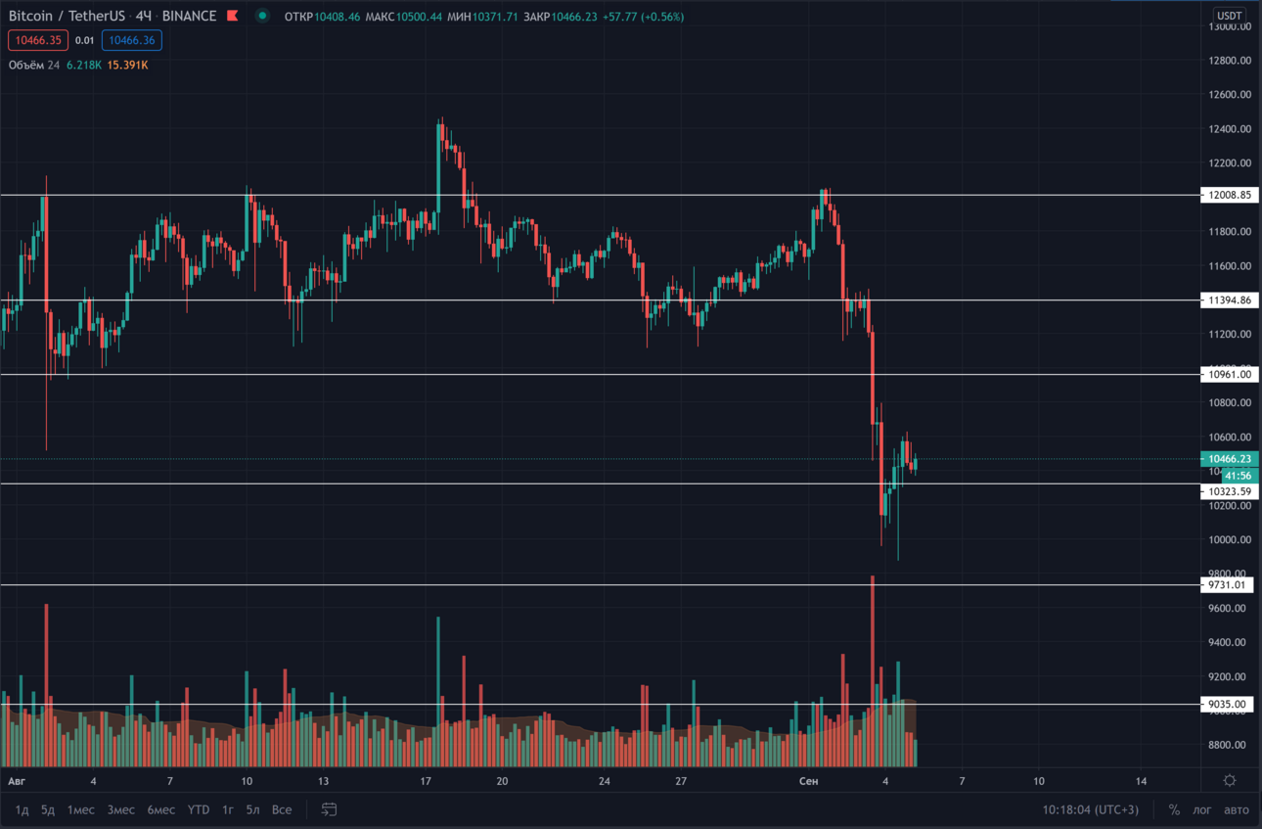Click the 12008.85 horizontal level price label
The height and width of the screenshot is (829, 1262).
point(1229,195)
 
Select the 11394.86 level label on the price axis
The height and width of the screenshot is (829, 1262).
point(1229,299)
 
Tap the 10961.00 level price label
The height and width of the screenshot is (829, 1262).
point(1229,374)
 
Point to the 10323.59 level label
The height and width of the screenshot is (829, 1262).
point(1229,491)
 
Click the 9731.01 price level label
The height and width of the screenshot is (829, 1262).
point(1227,585)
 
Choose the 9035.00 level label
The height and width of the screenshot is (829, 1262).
point(1227,704)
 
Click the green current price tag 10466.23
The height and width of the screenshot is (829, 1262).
point(1229,459)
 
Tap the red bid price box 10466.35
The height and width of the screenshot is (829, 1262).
point(38,40)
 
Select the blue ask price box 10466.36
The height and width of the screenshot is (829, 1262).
point(132,40)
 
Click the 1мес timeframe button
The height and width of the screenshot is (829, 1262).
point(81,809)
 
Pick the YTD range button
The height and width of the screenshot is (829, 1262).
point(199,809)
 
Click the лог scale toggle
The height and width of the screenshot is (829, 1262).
point(1201,809)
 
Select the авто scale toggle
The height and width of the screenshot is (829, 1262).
point(1237,809)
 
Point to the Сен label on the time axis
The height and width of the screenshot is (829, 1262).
point(808,781)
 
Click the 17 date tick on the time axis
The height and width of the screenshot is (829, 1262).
point(426,781)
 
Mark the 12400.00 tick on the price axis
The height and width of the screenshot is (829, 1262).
point(1230,129)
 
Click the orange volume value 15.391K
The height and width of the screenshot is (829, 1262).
point(127,65)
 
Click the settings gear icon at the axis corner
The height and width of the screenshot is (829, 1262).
point(1230,780)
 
